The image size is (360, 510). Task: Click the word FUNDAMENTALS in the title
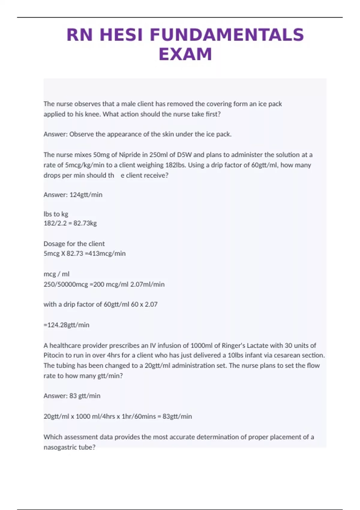227,35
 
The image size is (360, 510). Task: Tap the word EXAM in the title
185,54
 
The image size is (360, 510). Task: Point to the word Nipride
130,155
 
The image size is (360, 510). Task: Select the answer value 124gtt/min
86,195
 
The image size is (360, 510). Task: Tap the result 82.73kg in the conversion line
85,223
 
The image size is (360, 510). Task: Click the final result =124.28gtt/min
67,325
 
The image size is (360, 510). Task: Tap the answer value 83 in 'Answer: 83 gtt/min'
73,396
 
